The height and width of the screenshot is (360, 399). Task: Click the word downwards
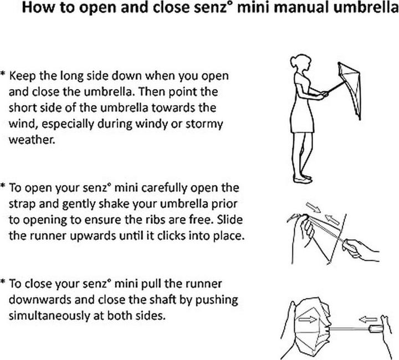pyautogui.click(x=44, y=300)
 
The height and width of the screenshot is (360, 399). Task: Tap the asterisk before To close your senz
pyautogui.click(x=3, y=284)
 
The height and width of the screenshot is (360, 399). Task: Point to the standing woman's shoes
pyautogui.click(x=303, y=178)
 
